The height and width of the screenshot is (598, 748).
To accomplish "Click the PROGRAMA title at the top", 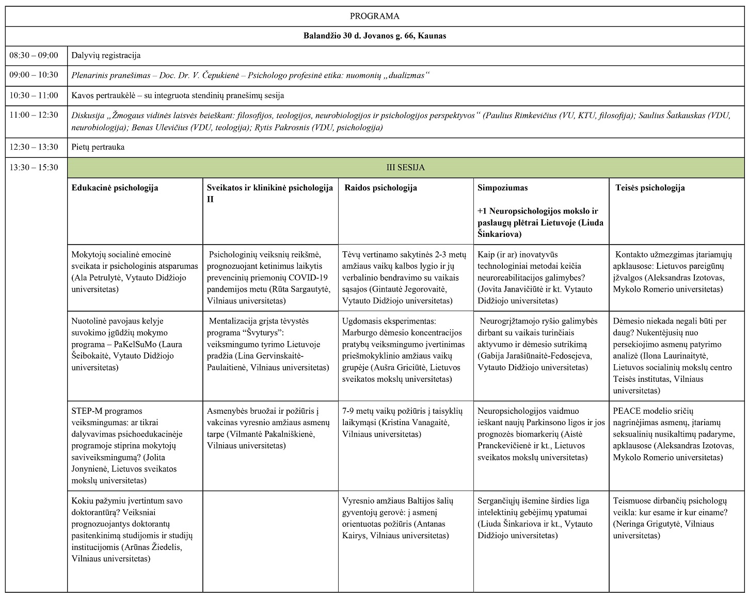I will pos(374,16).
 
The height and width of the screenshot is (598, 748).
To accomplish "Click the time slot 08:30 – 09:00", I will pos(34,55).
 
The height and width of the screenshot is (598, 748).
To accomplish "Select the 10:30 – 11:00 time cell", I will pos(34,95).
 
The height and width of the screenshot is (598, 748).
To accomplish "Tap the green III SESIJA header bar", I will pos(405,168).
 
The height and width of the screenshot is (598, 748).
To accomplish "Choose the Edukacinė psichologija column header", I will pos(115,188).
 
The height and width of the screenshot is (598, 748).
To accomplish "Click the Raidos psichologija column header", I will pos(380,188).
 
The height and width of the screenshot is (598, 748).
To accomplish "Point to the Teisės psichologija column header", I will pos(650,188).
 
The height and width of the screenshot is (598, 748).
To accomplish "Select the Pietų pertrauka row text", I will pos(98,147).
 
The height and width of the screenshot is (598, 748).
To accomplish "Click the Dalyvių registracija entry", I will pos(106,55).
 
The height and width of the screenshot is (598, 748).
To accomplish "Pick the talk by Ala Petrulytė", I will pos(134,272).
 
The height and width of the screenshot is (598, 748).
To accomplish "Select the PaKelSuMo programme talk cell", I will pos(134,344).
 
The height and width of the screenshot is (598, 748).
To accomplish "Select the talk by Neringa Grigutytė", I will pos(671,519).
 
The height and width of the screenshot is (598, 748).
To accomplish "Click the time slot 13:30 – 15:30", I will pos(34,167).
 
